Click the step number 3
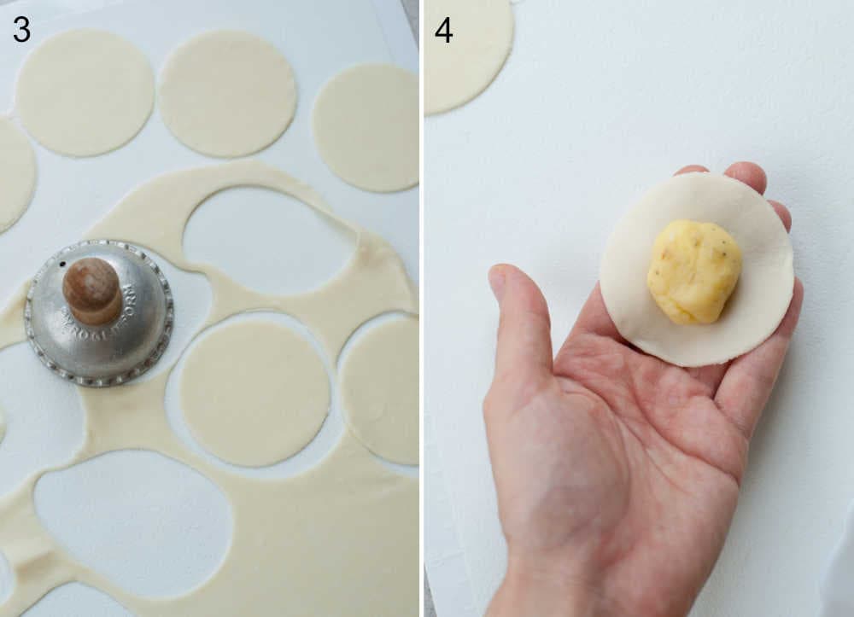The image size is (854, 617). point(21,30)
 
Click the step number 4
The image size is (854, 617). point(443,30)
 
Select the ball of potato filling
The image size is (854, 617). point(693,271)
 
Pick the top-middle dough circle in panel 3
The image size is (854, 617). point(227,94)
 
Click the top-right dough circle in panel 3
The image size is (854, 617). point(367,126)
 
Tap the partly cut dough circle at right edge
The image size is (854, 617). point(383,388)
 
